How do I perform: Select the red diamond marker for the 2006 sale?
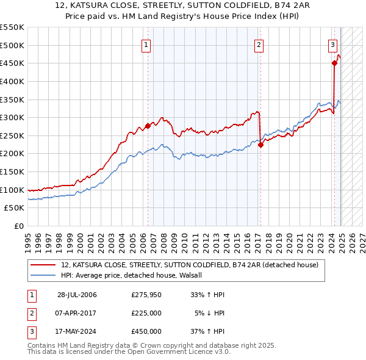click(148, 126)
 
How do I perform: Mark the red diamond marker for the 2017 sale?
click(260, 145)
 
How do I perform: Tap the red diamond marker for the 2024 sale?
click(334, 62)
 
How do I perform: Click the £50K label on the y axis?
click(15, 208)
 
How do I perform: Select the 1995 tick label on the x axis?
click(27, 239)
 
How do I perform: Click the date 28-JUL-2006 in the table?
click(77, 295)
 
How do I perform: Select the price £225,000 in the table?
click(146, 313)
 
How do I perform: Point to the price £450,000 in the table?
click(146, 331)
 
